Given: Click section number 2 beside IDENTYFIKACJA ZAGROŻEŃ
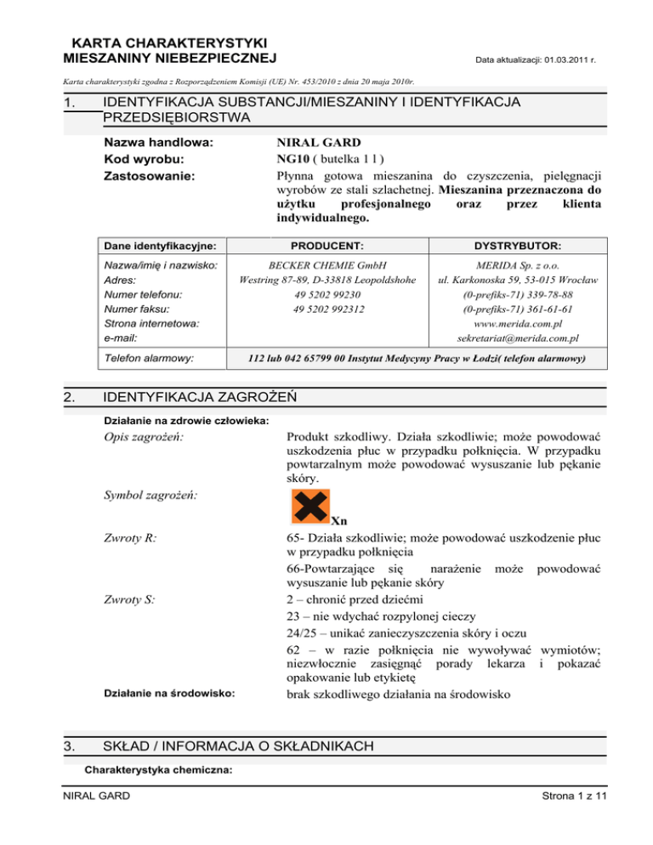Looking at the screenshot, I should point(67,396).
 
